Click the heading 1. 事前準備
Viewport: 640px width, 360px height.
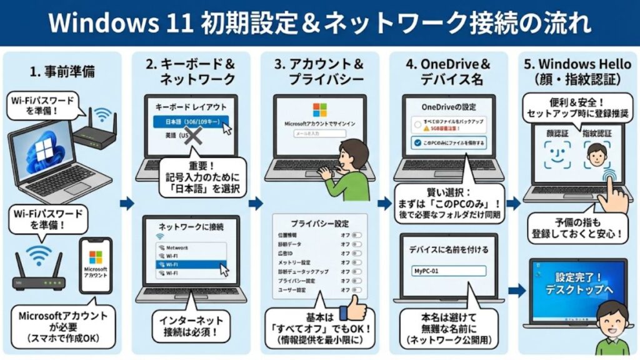[x=63, y=71]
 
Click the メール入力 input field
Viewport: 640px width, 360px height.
[x=319, y=133]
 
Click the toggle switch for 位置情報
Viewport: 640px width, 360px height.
[x=358, y=236]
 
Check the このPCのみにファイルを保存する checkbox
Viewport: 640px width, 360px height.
[x=416, y=142]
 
